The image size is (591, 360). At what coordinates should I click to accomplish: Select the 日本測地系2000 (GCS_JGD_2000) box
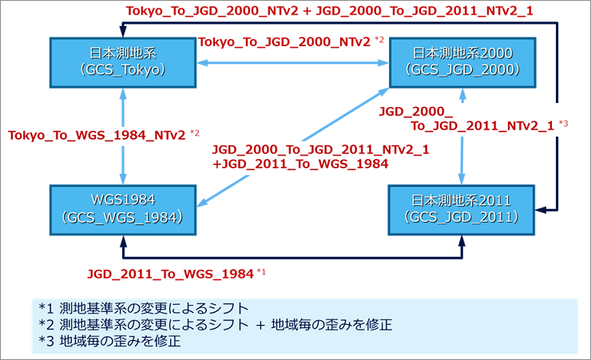[462, 62]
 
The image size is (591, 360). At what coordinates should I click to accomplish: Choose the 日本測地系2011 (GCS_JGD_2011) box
[462, 208]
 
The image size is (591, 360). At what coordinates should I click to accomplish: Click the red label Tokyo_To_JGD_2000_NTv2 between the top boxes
[284, 41]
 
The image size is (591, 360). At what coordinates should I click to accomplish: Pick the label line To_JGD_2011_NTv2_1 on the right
[482, 125]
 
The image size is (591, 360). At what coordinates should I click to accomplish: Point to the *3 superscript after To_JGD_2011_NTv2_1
[563, 123]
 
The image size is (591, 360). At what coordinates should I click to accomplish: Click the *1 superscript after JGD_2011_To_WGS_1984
[260, 272]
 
